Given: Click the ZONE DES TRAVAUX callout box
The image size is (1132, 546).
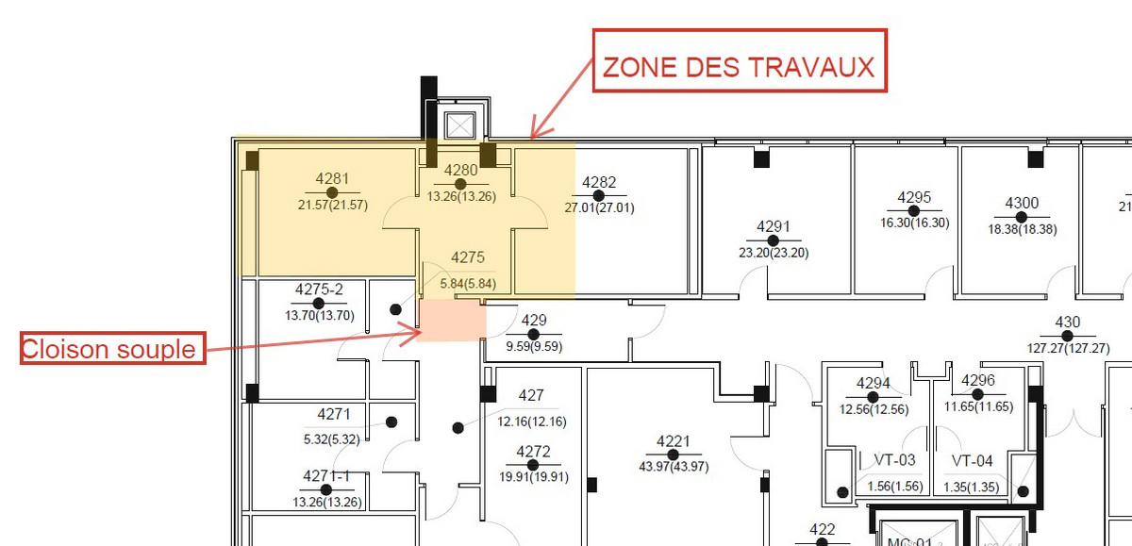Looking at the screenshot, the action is tap(740, 60).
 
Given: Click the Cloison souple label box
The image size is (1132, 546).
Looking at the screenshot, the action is tap(113, 348).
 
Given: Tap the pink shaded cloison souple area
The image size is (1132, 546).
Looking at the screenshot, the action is tap(451, 321).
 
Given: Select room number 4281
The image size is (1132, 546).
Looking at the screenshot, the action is tap(332, 178).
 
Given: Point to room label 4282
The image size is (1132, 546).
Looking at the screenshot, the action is tap(599, 182).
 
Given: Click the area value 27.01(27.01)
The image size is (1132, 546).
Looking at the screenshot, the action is tap(599, 207).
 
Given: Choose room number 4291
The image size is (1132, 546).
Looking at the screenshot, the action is tap(774, 226).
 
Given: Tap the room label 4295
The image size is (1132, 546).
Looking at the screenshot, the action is tap(914, 197).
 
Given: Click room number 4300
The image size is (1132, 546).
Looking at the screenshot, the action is tap(1022, 203).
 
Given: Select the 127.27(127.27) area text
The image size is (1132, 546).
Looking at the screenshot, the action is tap(1068, 348).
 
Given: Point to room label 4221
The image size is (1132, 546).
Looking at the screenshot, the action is tap(674, 441).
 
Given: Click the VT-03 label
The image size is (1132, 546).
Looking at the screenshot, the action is tap(894, 459).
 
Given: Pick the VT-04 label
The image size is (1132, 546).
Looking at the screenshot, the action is tap(972, 460).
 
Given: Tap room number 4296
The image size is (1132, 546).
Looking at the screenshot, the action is tap(978, 380).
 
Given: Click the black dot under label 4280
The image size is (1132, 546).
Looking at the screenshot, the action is tap(460, 184).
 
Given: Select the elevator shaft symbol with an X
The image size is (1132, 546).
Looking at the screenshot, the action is tap(460, 124).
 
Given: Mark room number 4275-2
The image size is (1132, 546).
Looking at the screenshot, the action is tap(319, 290).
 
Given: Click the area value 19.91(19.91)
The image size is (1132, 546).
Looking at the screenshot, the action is tap(534, 477).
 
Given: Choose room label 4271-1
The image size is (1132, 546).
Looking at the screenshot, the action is tap(326, 476).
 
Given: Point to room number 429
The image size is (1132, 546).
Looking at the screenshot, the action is tap(534, 320).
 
